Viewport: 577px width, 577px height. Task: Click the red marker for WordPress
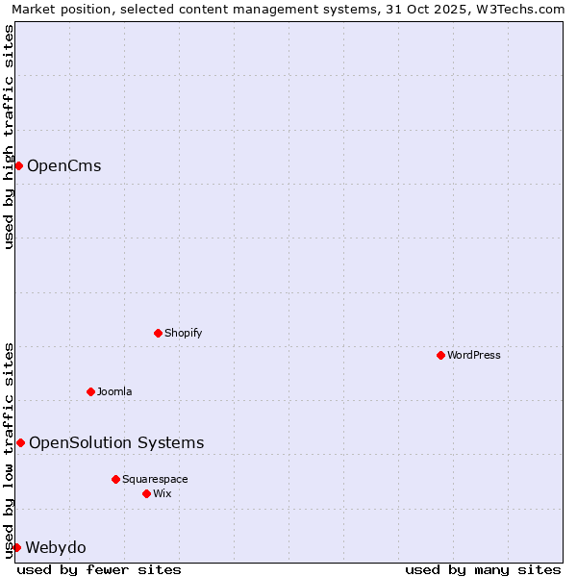[x=440, y=355]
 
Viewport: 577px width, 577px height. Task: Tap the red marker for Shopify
[x=158, y=333]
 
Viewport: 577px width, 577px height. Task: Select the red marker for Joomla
[x=90, y=391]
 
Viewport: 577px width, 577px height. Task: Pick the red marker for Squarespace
[x=115, y=479]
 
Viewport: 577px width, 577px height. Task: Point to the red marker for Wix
[x=146, y=493]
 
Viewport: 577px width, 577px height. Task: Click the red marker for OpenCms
[x=18, y=165]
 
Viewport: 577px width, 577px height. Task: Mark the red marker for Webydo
[x=16, y=547]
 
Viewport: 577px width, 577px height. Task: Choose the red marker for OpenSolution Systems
[x=20, y=442]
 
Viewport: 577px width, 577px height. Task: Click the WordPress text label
[x=474, y=355]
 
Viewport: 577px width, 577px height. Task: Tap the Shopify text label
[x=184, y=333]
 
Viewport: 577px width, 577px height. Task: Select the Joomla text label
[x=114, y=391]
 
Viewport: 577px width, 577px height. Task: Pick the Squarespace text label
[x=155, y=479]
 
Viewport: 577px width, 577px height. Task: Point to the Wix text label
[x=163, y=493]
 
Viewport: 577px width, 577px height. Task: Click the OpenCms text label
[x=63, y=165]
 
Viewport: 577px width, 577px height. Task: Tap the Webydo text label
[x=56, y=547]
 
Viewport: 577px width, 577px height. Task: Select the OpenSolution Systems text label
[x=116, y=442]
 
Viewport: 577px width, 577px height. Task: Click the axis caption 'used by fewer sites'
[x=99, y=569]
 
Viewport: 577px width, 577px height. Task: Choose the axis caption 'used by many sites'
[x=483, y=569]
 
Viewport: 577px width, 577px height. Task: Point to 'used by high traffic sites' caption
[x=9, y=137]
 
